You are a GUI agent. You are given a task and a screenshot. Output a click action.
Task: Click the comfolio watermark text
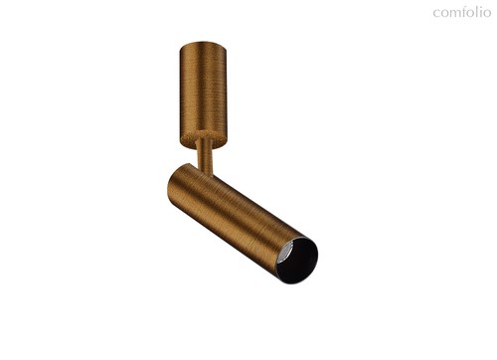tap(462, 12)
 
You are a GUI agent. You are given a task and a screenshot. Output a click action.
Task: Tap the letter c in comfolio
tap(436, 14)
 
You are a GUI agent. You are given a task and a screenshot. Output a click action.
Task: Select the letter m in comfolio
tap(455, 14)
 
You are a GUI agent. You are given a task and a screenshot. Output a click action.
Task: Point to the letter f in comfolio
tap(465, 12)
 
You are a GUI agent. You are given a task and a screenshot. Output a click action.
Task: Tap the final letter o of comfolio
tap(487, 14)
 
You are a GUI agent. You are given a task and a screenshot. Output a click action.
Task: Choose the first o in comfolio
tap(444, 14)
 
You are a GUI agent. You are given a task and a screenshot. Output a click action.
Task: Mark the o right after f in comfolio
tap(471, 14)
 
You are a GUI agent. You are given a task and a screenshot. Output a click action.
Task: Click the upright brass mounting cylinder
tap(204, 94)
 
